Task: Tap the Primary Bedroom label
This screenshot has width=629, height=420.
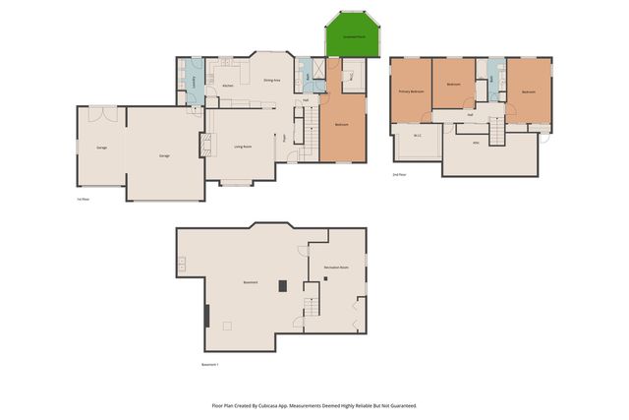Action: pos(410,91)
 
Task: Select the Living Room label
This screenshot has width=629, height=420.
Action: pos(242,147)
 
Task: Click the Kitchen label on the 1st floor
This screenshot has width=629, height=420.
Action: pos(227,87)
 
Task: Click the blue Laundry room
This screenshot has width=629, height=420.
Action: pos(194,81)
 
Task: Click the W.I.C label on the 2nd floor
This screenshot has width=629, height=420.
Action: pos(417,136)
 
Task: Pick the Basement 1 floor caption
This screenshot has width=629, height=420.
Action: pos(210,365)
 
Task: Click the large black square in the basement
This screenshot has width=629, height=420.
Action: pos(282,285)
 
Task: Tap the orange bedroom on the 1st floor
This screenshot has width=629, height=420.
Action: pos(342,126)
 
